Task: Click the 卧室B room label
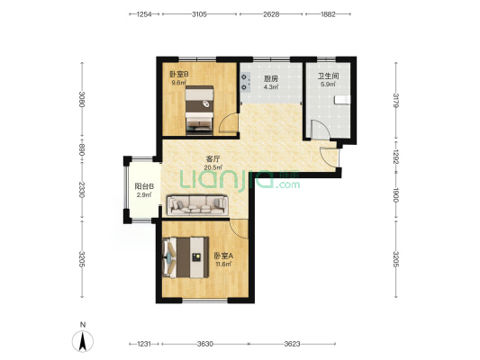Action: tap(179, 74)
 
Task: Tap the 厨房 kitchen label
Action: tap(271, 78)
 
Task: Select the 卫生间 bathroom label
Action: tap(328, 76)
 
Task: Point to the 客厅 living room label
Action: tap(213, 159)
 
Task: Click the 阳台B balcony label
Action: tap(144, 186)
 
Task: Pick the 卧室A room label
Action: tap(223, 256)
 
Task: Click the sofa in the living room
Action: tap(197, 205)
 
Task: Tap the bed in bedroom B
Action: tap(199, 110)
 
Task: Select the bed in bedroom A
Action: tap(186, 257)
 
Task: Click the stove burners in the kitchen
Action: tap(245, 82)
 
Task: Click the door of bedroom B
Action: tap(229, 122)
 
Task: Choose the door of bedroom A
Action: tap(239, 229)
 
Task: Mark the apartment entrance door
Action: tap(330, 157)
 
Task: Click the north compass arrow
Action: tap(83, 341)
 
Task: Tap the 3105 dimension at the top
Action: tap(199, 14)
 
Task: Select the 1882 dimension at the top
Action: tap(328, 14)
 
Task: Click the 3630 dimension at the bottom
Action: tap(204, 344)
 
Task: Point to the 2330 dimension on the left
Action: tap(81, 190)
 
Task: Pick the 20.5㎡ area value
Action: tap(213, 167)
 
